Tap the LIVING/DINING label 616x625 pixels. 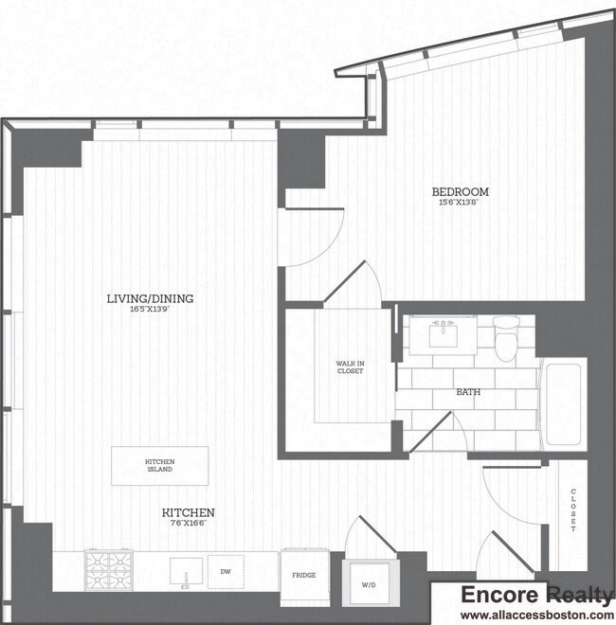(150, 298)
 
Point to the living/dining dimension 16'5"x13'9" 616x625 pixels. (150, 309)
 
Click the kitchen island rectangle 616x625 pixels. (160, 466)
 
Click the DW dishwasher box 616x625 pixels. (225, 571)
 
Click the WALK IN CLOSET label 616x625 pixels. (350, 367)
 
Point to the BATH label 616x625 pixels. (467, 391)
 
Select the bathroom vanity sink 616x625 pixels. (443, 333)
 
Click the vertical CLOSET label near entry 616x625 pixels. (573, 510)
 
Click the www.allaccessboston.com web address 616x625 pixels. (535, 615)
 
